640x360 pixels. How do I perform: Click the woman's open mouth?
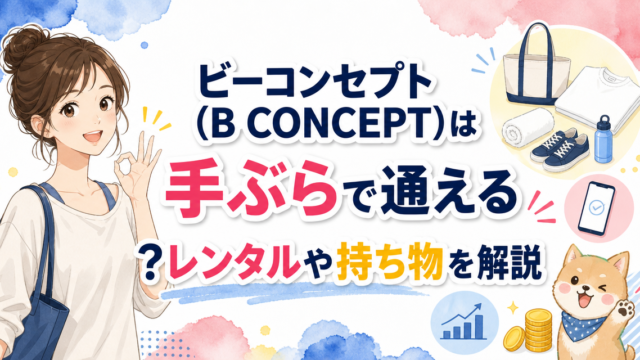93,136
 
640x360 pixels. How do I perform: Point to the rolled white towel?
528,127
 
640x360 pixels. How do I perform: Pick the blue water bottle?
604,139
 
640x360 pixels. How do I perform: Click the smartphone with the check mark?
596,208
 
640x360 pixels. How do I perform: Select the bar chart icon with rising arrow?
464,322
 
